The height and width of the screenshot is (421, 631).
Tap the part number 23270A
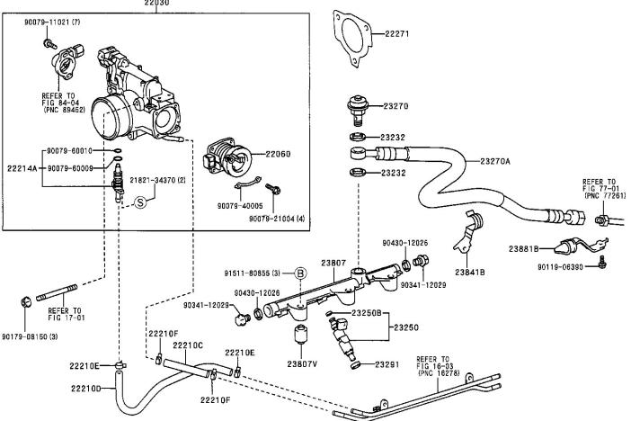point(494,161)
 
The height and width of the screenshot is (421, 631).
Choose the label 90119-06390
point(562,267)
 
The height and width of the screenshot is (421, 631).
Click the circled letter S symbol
point(140,203)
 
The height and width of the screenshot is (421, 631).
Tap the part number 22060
point(278,155)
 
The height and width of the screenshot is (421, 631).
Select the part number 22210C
point(188,345)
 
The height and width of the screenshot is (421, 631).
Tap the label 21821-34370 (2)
point(157,181)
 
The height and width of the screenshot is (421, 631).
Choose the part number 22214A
point(22,168)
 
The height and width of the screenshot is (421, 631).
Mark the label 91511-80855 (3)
point(254,271)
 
